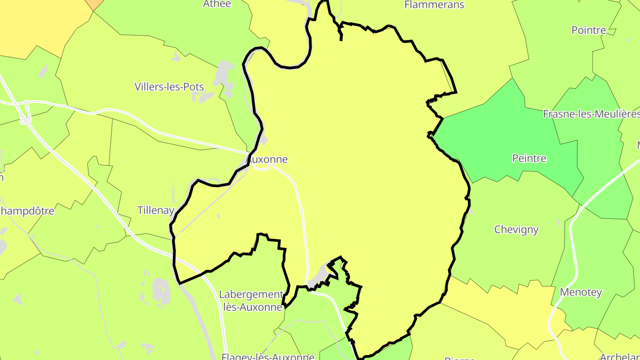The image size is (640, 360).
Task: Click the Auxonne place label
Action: click(267, 159)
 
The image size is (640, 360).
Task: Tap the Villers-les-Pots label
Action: click(169, 87)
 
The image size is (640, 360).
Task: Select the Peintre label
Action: click(529, 158)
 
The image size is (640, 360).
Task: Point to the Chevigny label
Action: click(516, 230)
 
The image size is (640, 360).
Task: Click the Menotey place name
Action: click(581, 292)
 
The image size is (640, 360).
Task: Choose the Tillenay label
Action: click(156, 210)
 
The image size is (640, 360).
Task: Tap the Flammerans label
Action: click(434, 5)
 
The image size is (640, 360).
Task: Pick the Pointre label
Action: click(588, 30)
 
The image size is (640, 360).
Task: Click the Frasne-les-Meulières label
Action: click(591, 114)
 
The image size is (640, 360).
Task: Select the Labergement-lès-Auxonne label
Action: click(252, 301)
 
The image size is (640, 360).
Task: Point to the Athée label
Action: click(217, 4)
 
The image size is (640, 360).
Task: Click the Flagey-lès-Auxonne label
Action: click(268, 356)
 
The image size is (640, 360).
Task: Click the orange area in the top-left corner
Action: click(94, 4)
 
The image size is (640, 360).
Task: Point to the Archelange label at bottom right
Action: click(620, 356)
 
